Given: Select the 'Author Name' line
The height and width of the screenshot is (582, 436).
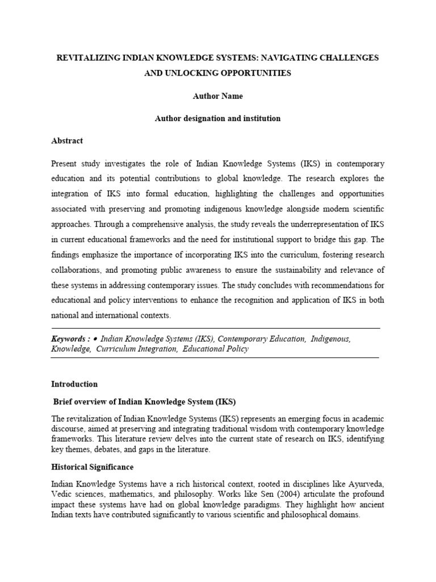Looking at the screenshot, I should coord(217,96).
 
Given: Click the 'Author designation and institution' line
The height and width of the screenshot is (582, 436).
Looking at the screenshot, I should coord(217,119).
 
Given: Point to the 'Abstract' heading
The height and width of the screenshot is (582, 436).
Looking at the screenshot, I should coord(67,141).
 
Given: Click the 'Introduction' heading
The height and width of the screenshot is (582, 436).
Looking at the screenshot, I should coord(74,384).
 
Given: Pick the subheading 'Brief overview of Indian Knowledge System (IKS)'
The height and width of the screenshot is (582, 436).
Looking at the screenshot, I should coord(144,401).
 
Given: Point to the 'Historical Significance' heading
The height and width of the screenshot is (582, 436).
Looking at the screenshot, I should coord(92,467).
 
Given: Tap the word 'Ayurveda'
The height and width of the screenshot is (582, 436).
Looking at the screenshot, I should coord(363,484).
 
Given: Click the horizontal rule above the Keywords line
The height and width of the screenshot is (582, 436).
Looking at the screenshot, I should coord(216,329).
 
